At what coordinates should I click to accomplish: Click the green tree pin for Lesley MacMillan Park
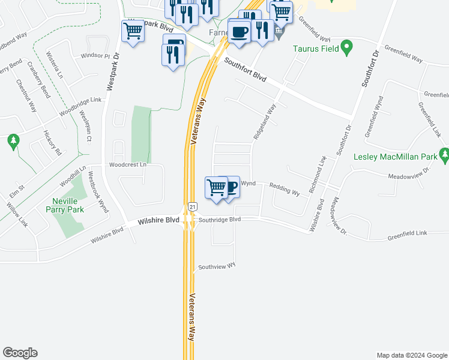[x=444, y=156]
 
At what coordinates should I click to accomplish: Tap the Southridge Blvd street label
[x=219, y=220]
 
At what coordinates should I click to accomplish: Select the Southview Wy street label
[x=217, y=265]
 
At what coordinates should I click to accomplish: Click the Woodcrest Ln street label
[x=127, y=164]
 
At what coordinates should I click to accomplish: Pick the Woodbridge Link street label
[x=80, y=108]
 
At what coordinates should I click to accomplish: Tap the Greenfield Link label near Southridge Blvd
[x=406, y=232]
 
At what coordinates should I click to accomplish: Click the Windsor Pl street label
[x=95, y=56]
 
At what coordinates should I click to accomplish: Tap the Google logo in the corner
[x=20, y=353]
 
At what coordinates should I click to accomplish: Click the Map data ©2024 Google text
[x=412, y=355]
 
